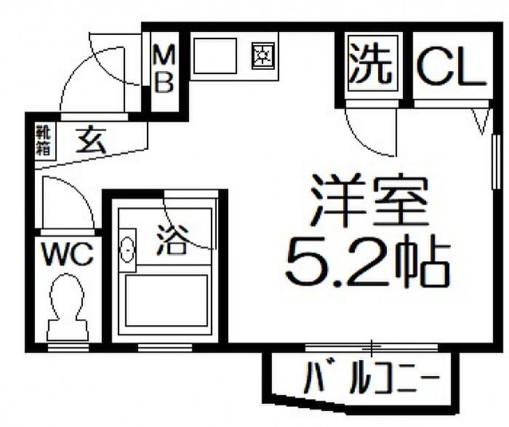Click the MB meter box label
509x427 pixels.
pos(164,69)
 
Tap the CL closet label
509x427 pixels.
pos(452,67)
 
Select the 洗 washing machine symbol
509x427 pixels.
pos(373,63)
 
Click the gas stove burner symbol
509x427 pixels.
pos(263,55)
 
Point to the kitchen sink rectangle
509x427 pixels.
pos(215,56)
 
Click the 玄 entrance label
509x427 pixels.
pos(91,140)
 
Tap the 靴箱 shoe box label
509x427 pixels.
pos(43,140)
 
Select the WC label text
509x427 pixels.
pos(68,255)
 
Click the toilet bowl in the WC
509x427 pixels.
pos(67,307)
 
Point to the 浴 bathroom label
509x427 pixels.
pos(172,239)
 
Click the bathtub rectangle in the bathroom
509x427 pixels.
pos(167,300)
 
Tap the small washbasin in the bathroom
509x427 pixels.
pos(127,250)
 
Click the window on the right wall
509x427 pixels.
pos(496,161)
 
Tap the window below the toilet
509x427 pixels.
pos(68,348)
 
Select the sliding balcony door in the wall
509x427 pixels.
pos(372,348)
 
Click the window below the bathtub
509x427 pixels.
pos(165,348)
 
